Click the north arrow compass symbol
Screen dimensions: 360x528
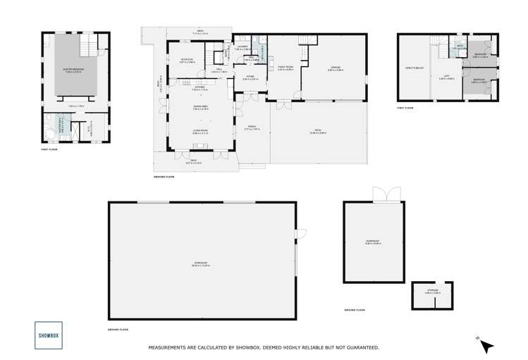point(486,345)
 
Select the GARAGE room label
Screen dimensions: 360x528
point(334,68)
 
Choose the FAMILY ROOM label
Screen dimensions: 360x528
point(286,68)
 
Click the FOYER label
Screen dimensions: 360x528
point(250,77)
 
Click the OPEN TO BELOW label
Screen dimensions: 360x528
point(414,68)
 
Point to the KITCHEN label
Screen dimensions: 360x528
point(200,87)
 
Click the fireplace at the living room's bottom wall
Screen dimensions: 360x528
point(199,147)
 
